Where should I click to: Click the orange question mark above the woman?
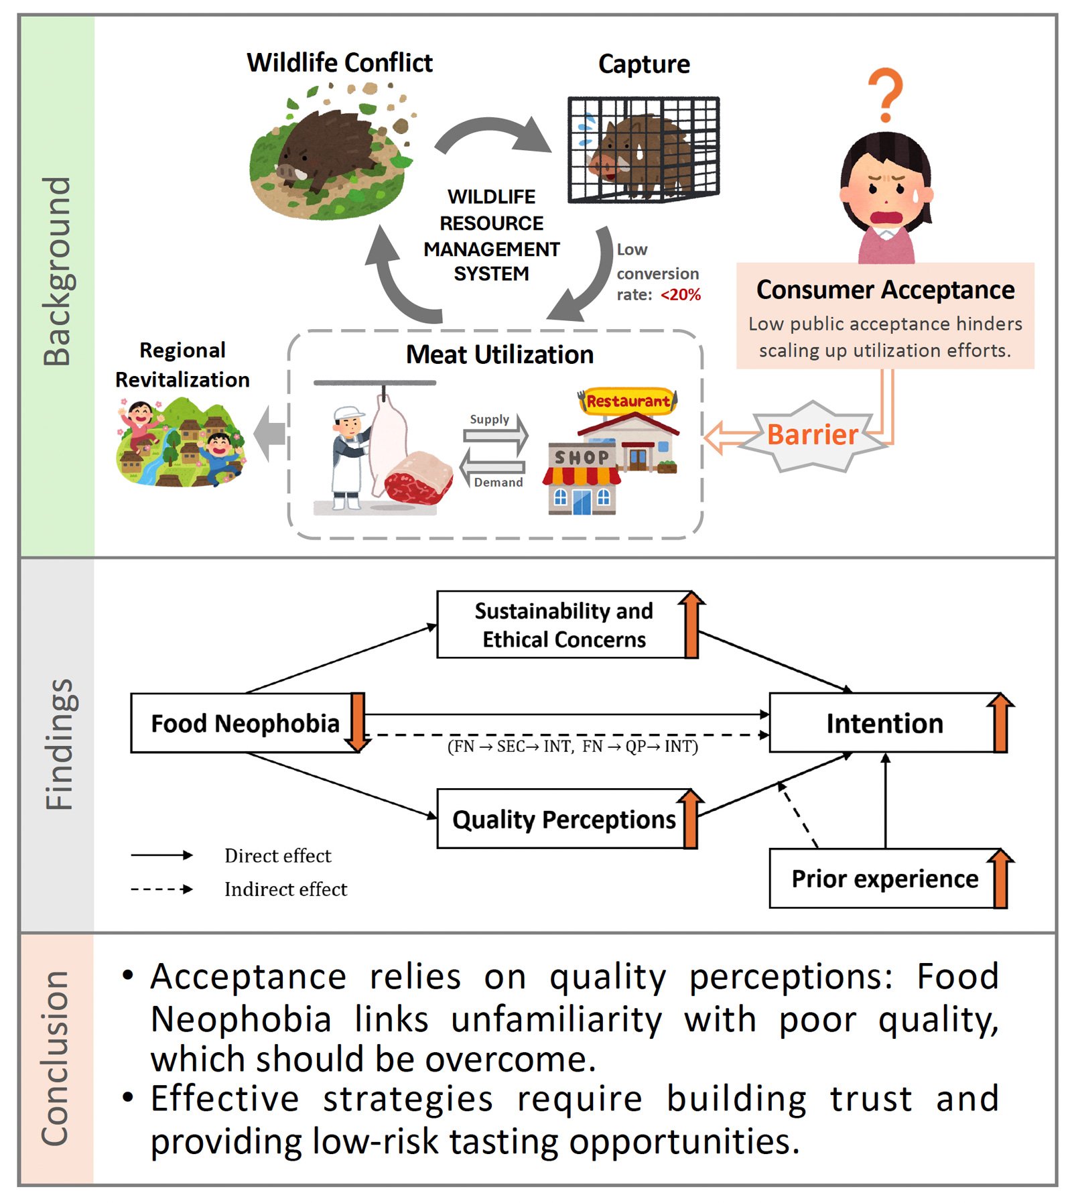click(x=886, y=94)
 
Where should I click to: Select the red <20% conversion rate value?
click(x=681, y=295)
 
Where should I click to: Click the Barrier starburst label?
click(x=812, y=435)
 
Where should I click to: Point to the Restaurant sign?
click(x=628, y=401)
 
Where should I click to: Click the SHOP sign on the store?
click(x=581, y=458)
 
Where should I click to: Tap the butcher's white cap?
click(x=347, y=412)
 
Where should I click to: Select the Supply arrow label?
click(x=489, y=420)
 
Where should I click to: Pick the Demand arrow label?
click(x=498, y=483)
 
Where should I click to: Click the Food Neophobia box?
click(x=245, y=723)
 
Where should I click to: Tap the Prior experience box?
click(x=884, y=879)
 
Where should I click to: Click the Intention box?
click(x=884, y=723)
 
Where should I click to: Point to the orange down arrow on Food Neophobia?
click(x=358, y=722)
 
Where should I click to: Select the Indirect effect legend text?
click(x=285, y=889)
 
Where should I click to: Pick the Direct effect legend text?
click(x=277, y=856)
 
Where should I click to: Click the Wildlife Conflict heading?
click(x=340, y=63)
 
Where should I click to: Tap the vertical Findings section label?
click(x=58, y=744)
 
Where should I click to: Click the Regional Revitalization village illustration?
click(x=181, y=442)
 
